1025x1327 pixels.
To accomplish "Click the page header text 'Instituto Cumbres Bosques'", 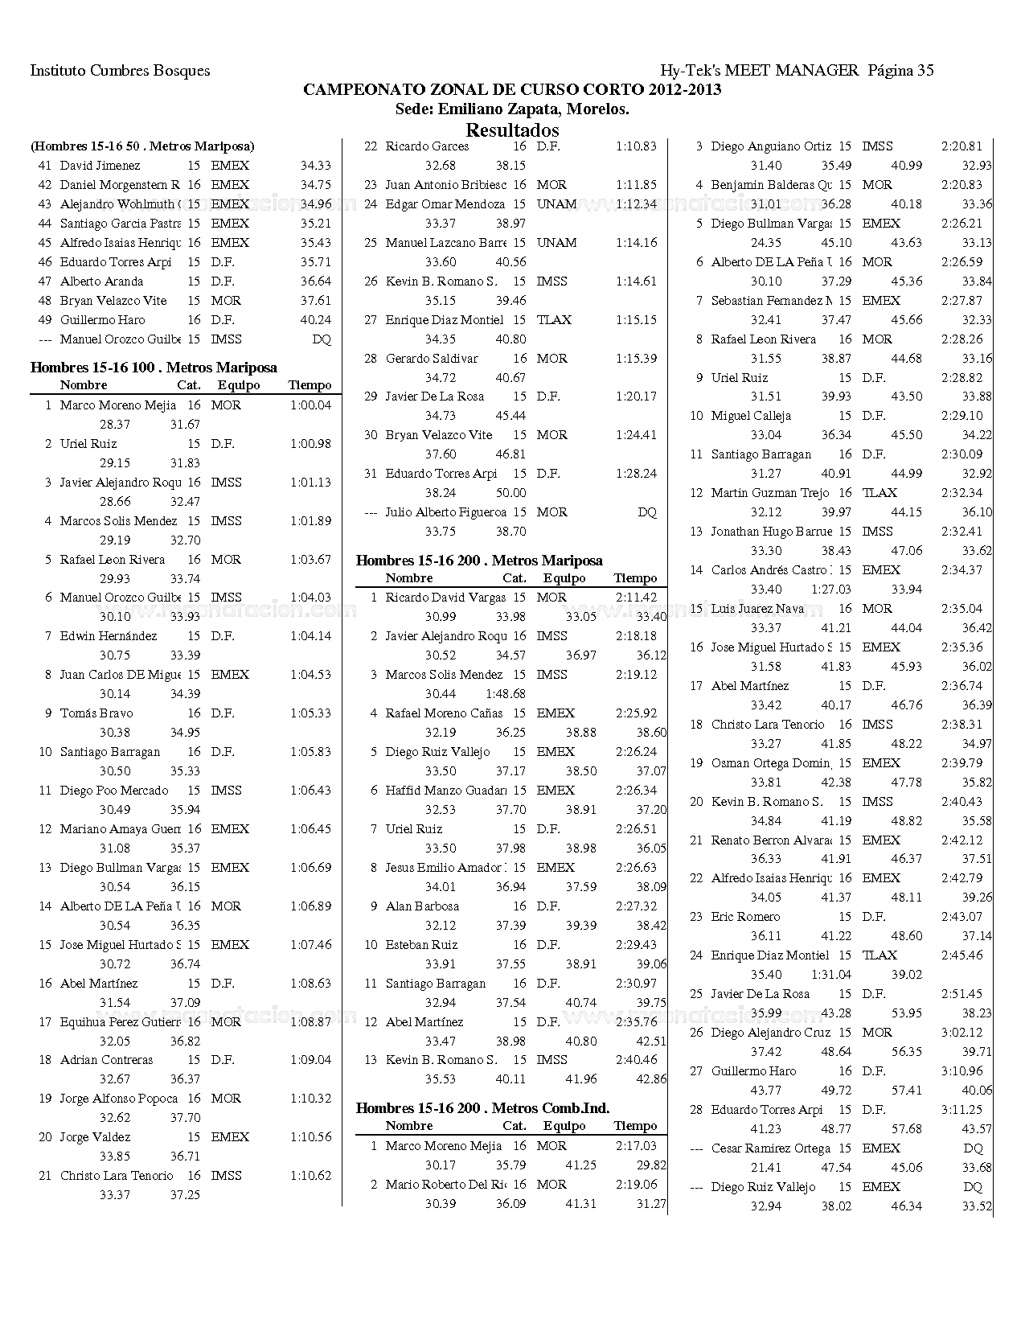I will (120, 71).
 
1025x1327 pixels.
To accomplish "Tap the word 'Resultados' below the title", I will (512, 129).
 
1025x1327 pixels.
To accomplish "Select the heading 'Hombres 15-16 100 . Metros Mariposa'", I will (154, 368).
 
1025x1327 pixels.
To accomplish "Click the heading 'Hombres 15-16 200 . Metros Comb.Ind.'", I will (482, 1108).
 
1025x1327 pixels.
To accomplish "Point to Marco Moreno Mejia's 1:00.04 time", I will (310, 405).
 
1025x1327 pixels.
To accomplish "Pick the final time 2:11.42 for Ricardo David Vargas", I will (636, 598).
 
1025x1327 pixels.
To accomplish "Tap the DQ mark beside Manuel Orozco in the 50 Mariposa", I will (321, 339).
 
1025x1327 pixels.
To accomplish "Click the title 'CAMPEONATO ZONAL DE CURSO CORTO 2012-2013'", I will (512, 90).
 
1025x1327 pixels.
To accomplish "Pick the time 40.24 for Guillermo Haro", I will (315, 320).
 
